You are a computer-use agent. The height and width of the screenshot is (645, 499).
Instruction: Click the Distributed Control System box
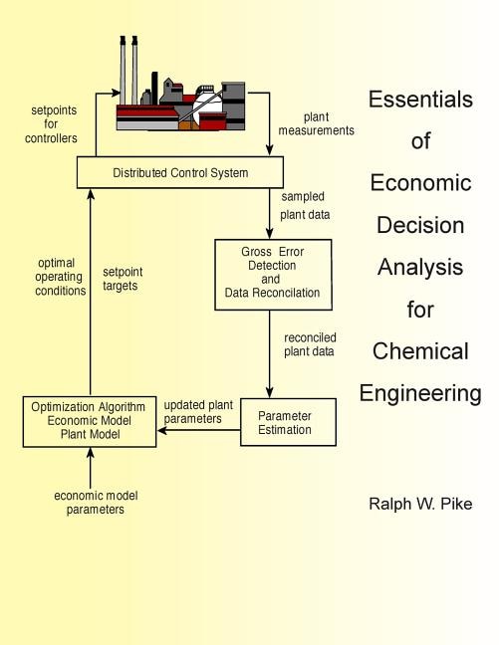click(x=180, y=173)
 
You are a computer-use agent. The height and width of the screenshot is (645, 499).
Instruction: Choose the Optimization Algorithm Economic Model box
click(x=90, y=421)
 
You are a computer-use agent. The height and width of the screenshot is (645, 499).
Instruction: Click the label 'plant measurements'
click(x=317, y=122)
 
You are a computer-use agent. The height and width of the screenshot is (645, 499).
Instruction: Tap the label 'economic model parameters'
click(x=90, y=502)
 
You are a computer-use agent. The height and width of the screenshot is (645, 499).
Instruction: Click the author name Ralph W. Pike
click(x=419, y=504)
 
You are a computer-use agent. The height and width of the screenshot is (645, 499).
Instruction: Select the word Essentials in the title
click(x=419, y=100)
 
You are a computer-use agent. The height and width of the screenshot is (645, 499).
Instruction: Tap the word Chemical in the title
click(x=419, y=351)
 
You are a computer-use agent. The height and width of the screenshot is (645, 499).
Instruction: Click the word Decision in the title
click(x=419, y=225)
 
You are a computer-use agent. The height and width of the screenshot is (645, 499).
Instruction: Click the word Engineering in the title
click(x=419, y=393)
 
